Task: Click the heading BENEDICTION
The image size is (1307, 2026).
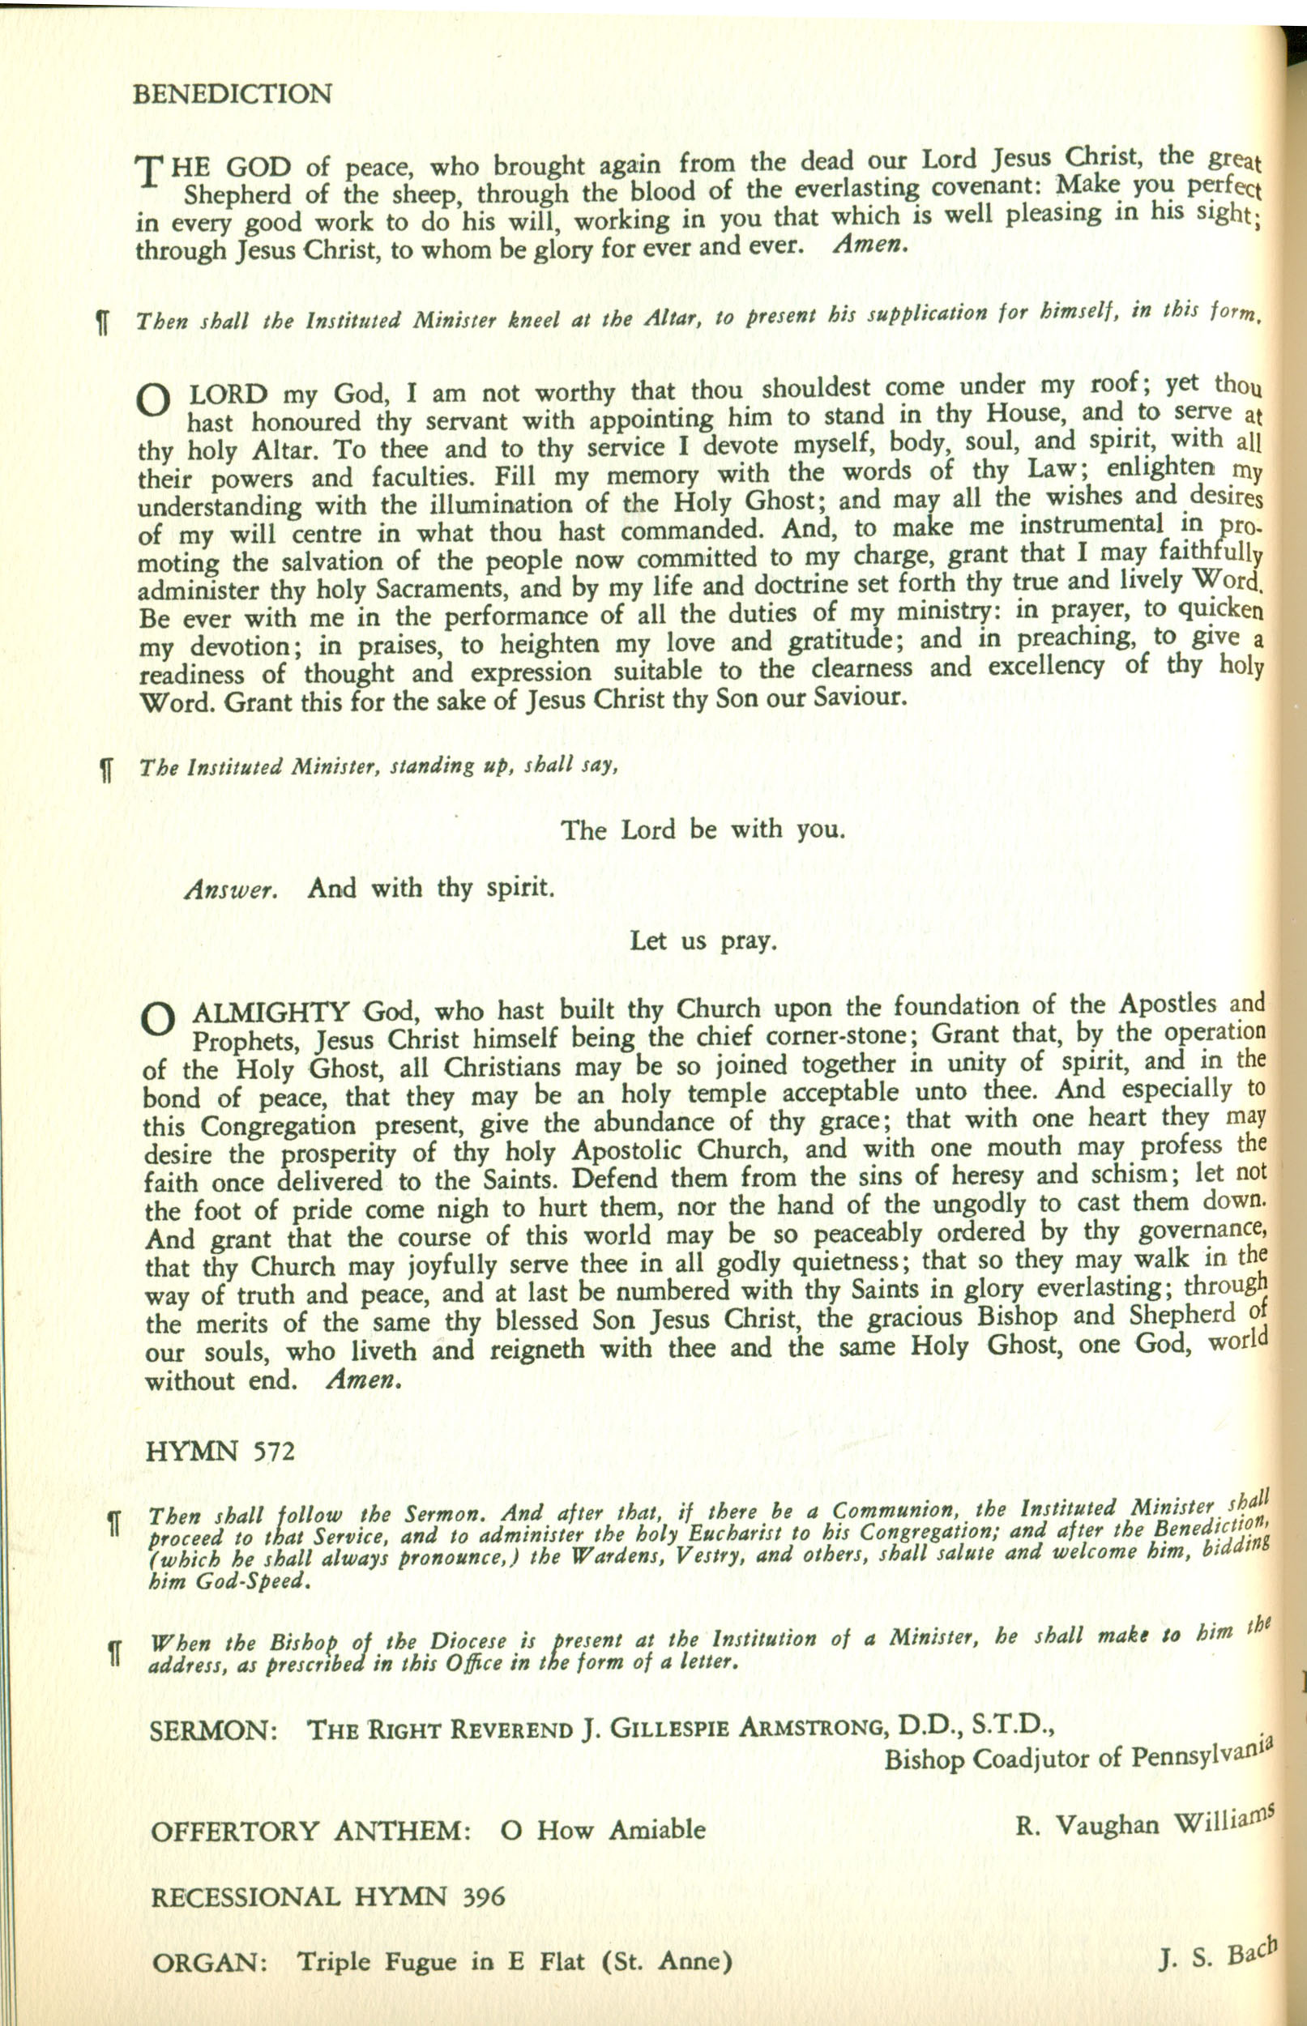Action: pos(232,93)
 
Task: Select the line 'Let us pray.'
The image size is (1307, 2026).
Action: pos(703,940)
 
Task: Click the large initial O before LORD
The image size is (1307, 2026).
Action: pos(154,401)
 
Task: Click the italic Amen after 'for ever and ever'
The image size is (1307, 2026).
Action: pos(871,245)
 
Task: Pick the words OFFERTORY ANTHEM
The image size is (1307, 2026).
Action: pos(310,1831)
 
